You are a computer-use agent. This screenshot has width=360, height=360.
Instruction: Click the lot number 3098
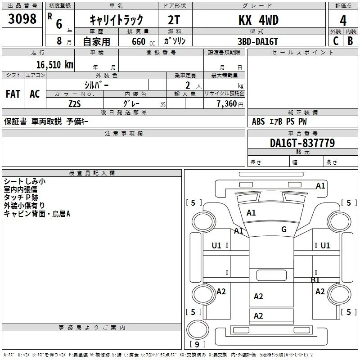[22, 19]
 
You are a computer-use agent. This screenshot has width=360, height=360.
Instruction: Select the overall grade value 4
[343, 21]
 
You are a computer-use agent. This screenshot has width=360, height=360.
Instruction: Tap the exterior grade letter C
[336, 41]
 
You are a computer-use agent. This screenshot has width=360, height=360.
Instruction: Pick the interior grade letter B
[350, 41]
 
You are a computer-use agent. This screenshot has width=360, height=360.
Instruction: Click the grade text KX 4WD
[258, 20]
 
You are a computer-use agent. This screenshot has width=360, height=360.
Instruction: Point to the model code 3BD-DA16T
[258, 41]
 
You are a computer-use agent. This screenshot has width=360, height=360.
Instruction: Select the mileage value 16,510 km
[54, 65]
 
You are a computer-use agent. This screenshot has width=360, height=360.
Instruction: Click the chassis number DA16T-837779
[302, 143]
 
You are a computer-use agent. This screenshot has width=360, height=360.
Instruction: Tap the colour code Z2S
[75, 104]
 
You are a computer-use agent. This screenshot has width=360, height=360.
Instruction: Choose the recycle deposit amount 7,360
[227, 104]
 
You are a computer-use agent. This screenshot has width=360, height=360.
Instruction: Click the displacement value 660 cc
[143, 42]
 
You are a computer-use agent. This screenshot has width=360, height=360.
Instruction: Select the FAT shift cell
[13, 94]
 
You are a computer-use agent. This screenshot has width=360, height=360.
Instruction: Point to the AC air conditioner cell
[35, 94]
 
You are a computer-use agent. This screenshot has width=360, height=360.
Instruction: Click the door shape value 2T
[174, 20]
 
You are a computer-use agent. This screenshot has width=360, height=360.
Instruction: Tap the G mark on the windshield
[284, 229]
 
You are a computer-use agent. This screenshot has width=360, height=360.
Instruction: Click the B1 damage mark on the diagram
[315, 280]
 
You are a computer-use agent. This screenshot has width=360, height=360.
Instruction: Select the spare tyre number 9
[197, 344]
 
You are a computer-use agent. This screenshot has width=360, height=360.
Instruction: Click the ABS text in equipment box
[258, 121]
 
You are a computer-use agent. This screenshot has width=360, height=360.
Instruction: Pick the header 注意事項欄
[124, 133]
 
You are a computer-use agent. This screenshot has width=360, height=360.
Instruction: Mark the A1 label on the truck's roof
[251, 213]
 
